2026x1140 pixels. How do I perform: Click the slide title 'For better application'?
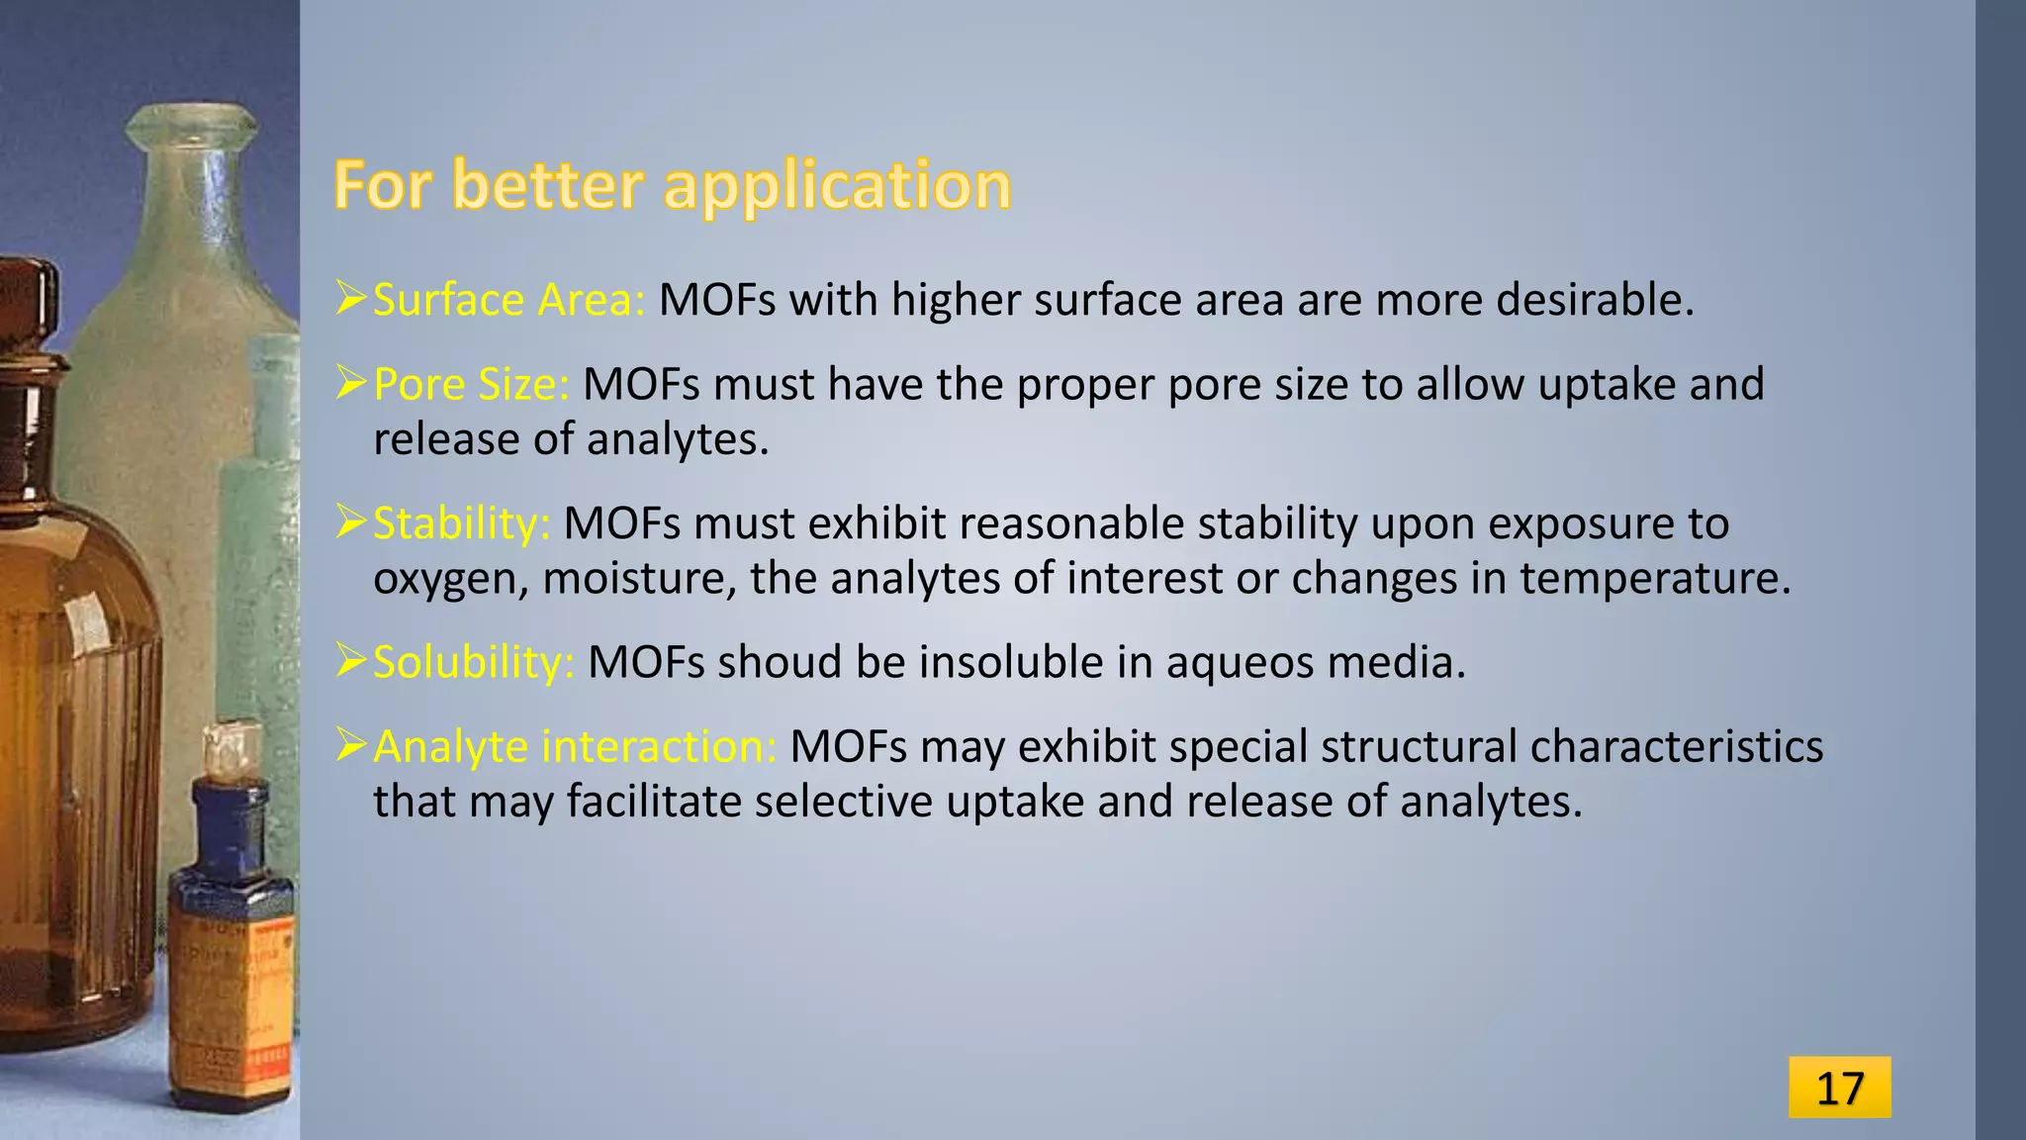coord(672,185)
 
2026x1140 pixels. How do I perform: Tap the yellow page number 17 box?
coord(1839,1088)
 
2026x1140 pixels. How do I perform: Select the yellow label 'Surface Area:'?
coord(508,300)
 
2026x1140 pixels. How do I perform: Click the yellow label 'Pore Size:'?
coord(471,384)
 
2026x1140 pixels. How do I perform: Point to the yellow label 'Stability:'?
coord(461,523)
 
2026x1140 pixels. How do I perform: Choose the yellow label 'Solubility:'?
coord(473,662)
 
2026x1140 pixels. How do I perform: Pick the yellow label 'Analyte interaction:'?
coord(575,746)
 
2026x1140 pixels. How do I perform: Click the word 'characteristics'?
coord(1676,746)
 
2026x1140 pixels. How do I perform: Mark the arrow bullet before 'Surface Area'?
coord(351,298)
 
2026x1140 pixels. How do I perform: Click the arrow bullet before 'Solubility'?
coord(351,660)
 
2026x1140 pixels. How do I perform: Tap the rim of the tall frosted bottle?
coord(191,124)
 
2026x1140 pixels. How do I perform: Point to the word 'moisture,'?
coord(639,578)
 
